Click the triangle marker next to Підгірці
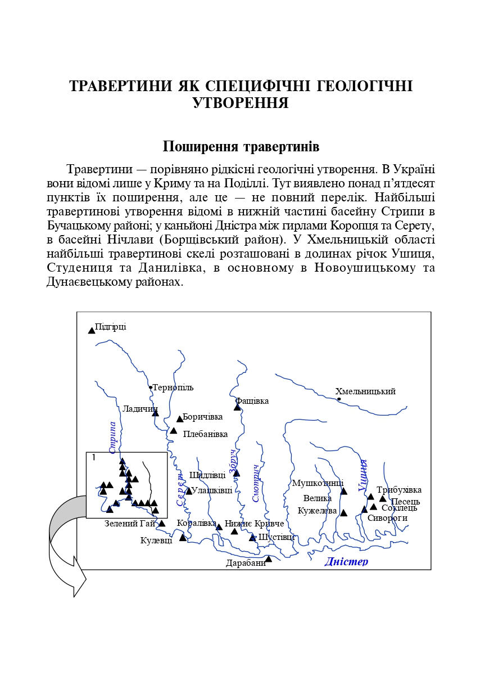tap(92, 330)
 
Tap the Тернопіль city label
tap(173, 388)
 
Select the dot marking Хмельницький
tap(339, 399)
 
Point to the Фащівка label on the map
tap(252, 401)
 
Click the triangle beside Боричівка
tap(180, 418)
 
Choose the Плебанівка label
tap(205, 434)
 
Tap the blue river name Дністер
tap(346, 561)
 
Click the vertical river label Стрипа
tap(113, 438)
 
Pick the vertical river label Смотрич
tap(256, 483)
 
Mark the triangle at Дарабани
tap(269, 559)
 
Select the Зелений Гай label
tap(130, 524)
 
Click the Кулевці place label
tap(156, 541)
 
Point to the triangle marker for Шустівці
tap(253, 538)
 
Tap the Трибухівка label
tap(399, 490)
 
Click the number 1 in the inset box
tap(93, 457)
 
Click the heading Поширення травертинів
tap(241, 147)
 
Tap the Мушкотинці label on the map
tap(318, 483)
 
